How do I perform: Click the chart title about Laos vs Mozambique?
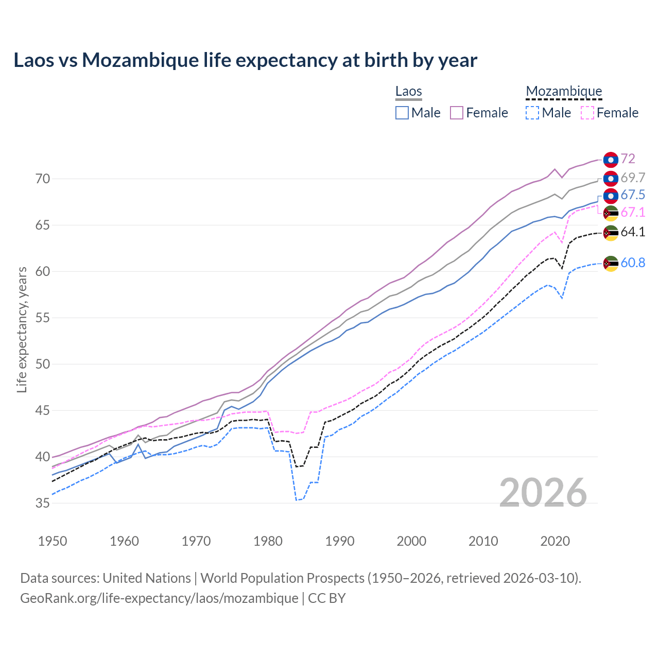245,60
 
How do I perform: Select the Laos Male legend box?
402,113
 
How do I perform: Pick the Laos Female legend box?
457,113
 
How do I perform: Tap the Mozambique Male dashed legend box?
532,113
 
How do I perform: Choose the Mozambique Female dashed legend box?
587,113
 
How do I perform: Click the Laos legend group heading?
408,92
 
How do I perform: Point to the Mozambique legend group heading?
564,92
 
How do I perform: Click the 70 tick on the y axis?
43,179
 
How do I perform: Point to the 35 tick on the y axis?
43,503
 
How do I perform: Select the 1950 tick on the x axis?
53,541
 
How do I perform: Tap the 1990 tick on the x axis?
340,541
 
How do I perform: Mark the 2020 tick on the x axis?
555,541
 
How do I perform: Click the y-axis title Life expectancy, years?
22,329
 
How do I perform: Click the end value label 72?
628,159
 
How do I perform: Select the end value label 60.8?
633,263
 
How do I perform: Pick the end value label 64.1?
633,232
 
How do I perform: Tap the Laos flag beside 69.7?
611,179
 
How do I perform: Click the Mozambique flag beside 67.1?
611,213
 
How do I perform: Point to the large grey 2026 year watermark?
543,493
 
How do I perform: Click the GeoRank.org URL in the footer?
159,598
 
